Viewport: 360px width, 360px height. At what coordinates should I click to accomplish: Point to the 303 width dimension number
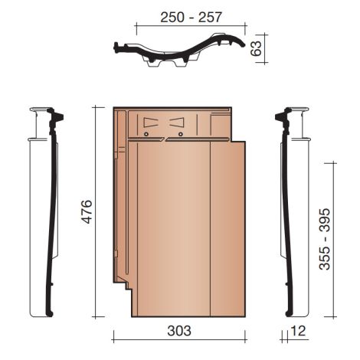178,331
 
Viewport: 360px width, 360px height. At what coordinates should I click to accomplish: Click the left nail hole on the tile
146,135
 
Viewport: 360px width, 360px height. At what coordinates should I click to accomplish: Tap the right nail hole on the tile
181,135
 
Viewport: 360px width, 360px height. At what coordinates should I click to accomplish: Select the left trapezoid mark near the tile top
150,122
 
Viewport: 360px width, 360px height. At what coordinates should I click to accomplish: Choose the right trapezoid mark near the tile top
178,122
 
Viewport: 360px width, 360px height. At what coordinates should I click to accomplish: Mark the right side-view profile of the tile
285,214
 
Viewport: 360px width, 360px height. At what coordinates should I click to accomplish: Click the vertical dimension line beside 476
97,211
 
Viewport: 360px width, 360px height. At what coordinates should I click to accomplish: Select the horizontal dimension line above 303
178,341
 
